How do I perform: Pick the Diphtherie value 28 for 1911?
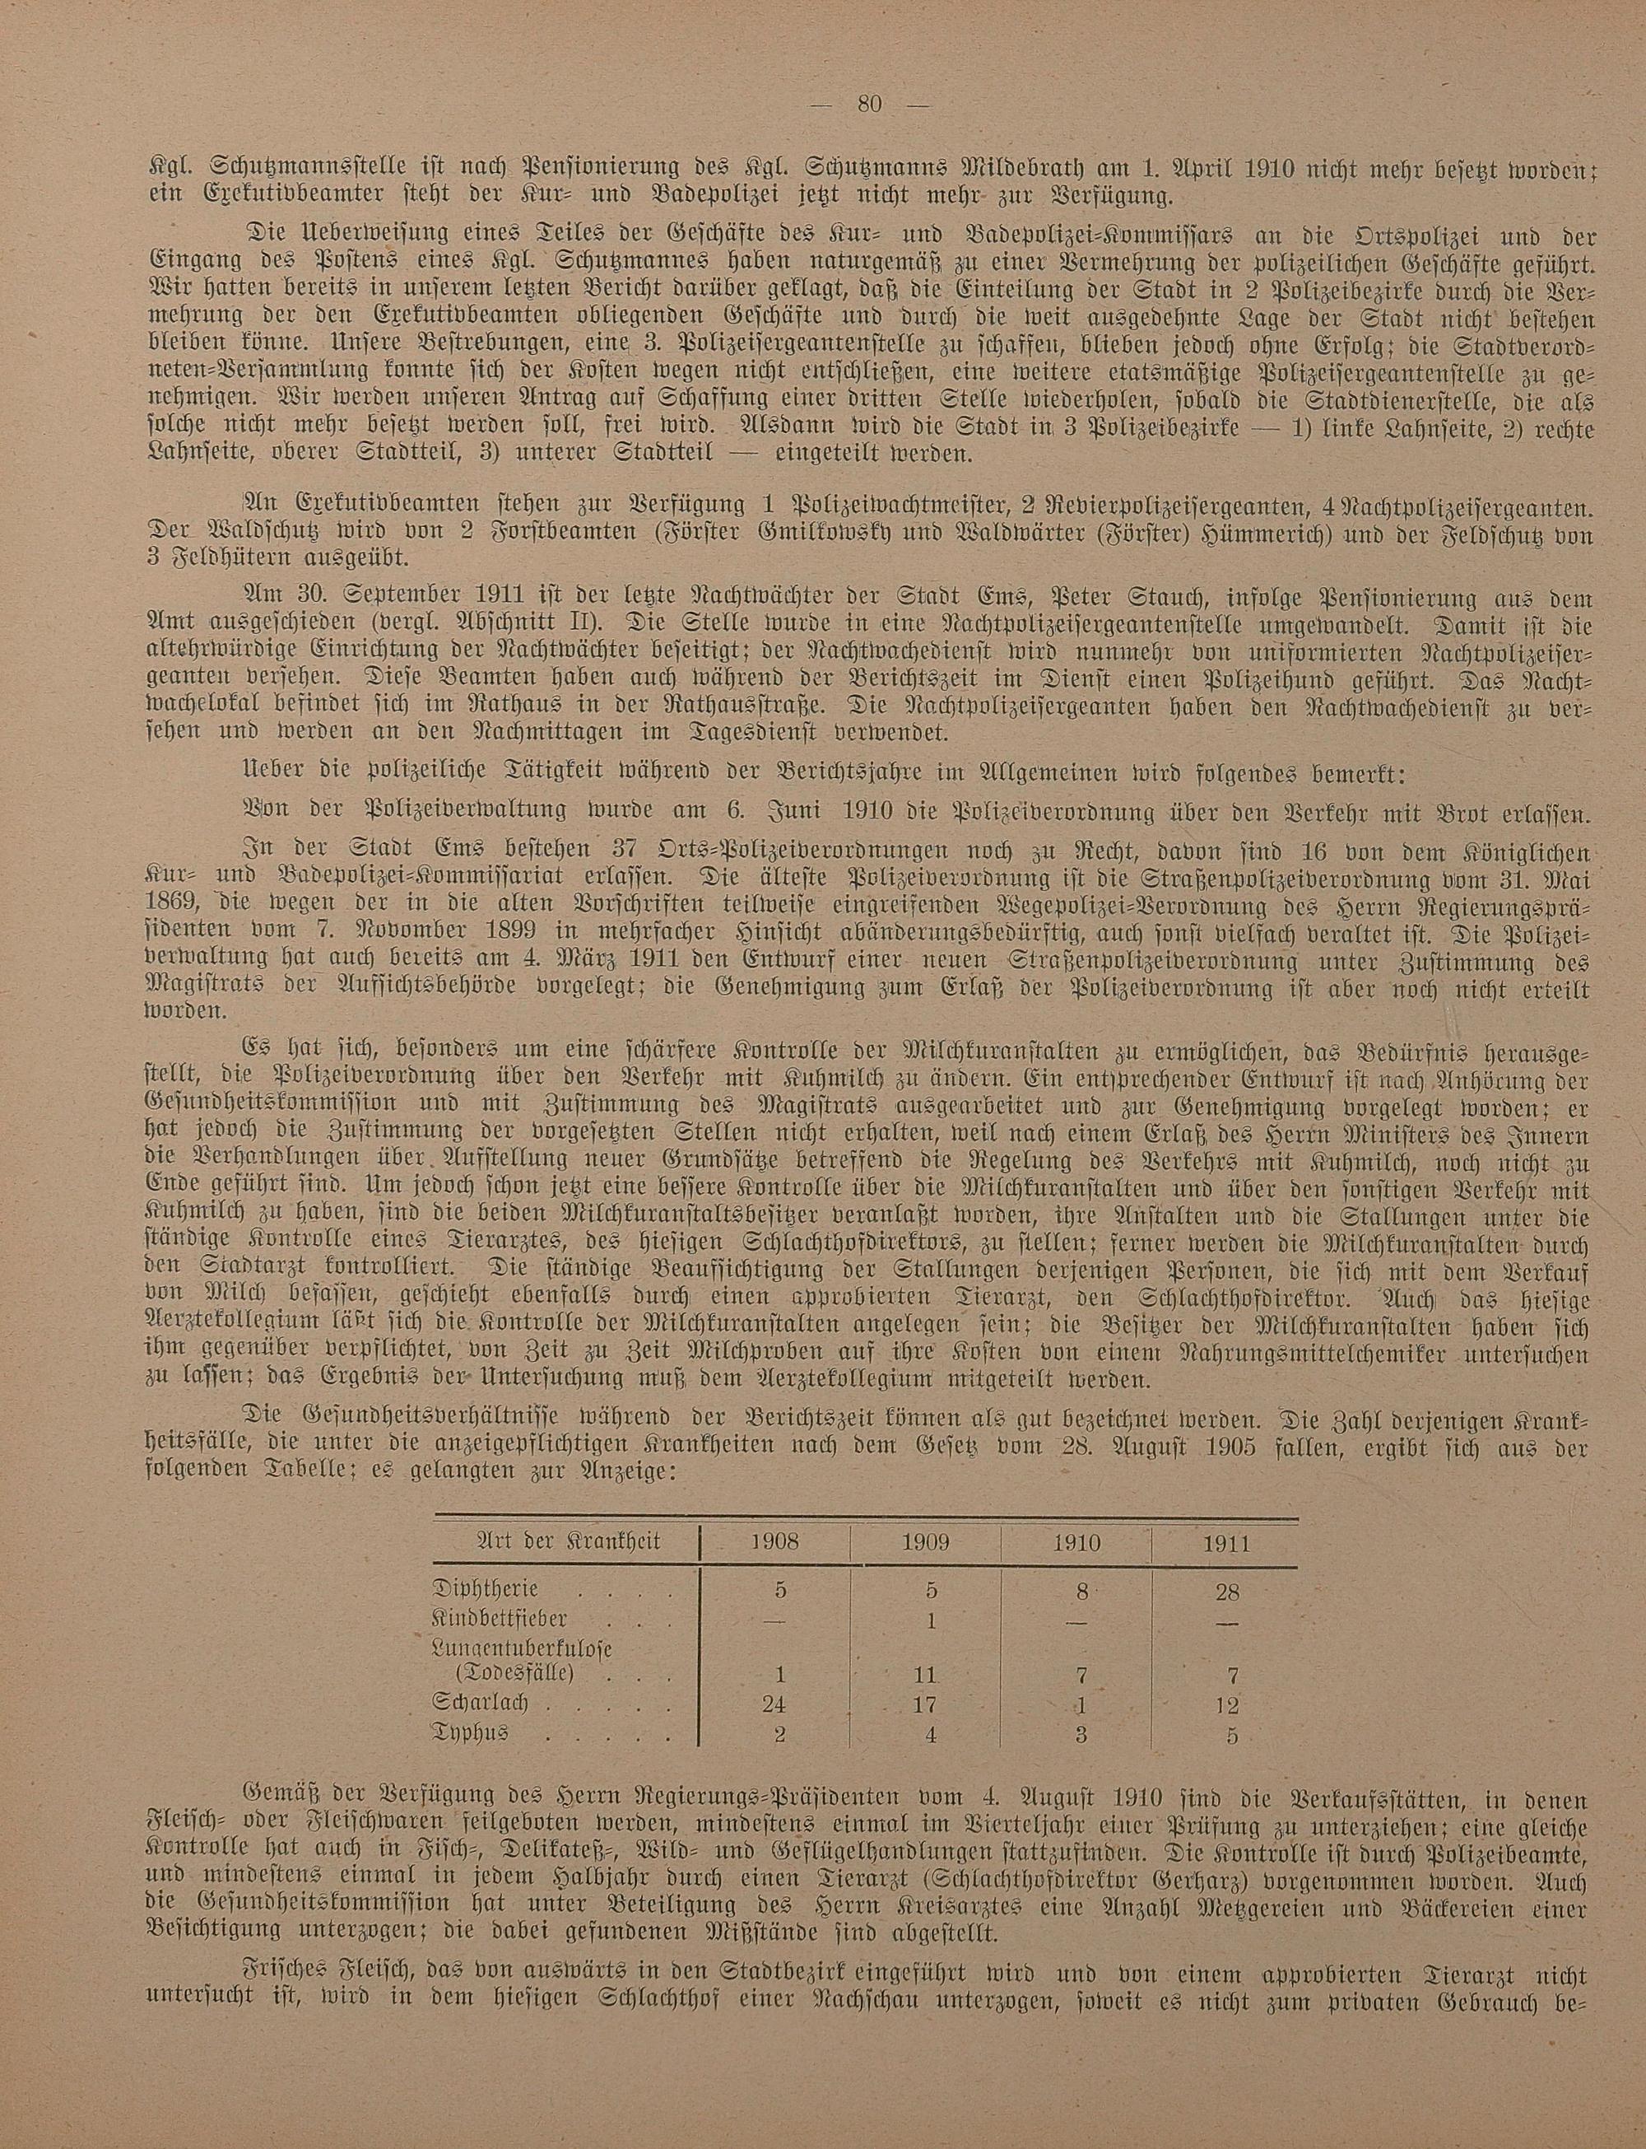click(x=1226, y=1592)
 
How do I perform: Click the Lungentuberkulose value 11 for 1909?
click(x=926, y=1674)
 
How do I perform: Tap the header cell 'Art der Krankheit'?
click(x=567, y=1541)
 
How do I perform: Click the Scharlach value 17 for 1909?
click(x=926, y=1703)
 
